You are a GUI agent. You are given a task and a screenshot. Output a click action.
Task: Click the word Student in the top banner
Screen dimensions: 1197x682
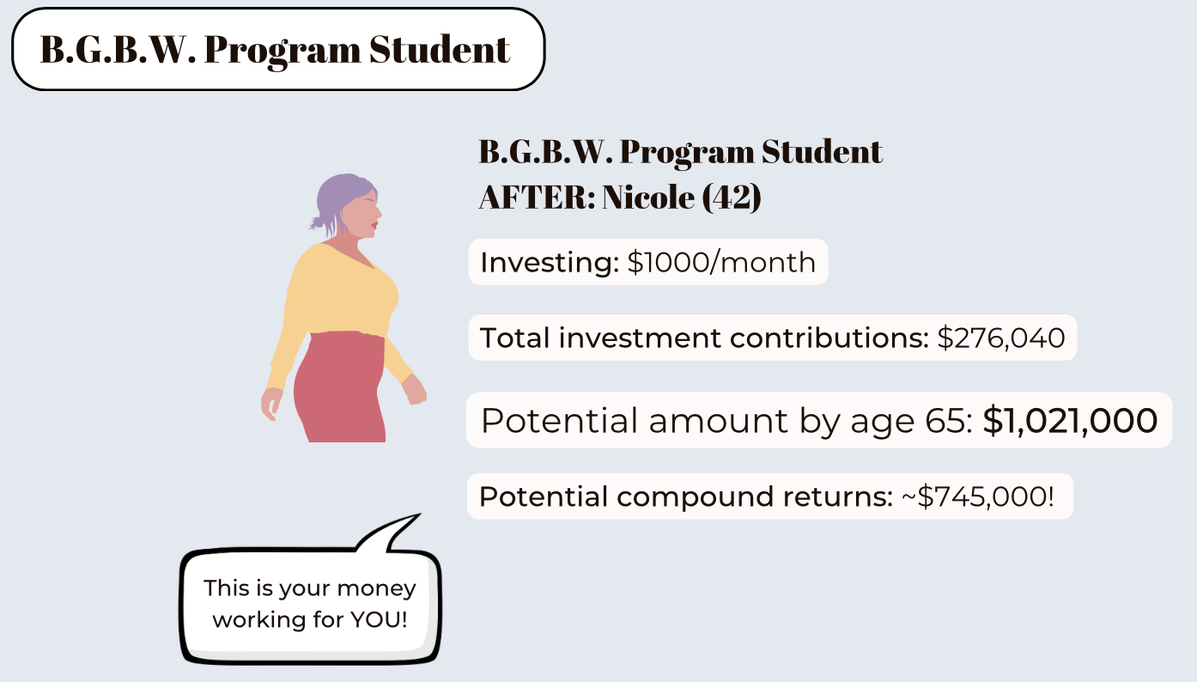pyautogui.click(x=440, y=50)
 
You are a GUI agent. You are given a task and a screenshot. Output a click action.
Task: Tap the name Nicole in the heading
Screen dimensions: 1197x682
pyautogui.click(x=648, y=197)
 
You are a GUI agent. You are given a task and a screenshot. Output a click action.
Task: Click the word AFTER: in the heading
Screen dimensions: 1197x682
pyautogui.click(x=537, y=197)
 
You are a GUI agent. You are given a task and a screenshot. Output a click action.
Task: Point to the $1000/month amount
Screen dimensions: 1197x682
pyautogui.click(x=721, y=263)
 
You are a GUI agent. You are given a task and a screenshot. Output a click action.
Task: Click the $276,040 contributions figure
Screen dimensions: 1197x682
pyautogui.click(x=1001, y=338)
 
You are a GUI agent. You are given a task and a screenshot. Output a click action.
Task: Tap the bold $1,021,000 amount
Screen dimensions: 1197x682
pyautogui.click(x=1070, y=420)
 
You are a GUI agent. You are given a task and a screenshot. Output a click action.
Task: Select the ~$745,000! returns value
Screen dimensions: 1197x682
pyautogui.click(x=977, y=496)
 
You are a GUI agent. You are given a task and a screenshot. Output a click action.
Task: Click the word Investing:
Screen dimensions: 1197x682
pyautogui.click(x=550, y=263)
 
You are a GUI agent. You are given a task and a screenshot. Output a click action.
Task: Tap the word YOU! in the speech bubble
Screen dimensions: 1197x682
pyautogui.click(x=379, y=619)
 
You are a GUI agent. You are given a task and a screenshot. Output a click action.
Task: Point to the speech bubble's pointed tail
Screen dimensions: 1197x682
pyautogui.click(x=419, y=515)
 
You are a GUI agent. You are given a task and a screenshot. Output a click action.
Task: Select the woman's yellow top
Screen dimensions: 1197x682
pyautogui.click(x=337, y=299)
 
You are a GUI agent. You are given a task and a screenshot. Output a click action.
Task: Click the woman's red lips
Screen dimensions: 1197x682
pyautogui.click(x=375, y=225)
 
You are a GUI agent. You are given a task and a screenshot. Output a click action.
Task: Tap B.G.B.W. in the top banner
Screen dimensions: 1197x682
pyautogui.click(x=118, y=50)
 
